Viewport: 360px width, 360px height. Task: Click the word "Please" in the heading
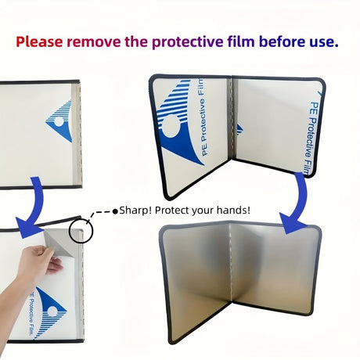pyautogui.click(x=39, y=41)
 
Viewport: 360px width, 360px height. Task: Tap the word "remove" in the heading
pyautogui.click(x=94, y=42)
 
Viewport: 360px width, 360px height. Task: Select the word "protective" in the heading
pyautogui.click(x=187, y=42)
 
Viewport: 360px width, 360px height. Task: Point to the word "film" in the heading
pyautogui.click(x=241, y=41)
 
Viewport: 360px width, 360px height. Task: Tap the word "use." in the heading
pyautogui.click(x=324, y=42)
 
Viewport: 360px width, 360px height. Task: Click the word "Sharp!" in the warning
pyautogui.click(x=135, y=211)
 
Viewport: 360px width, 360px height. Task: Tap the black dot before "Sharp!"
pyautogui.click(x=115, y=211)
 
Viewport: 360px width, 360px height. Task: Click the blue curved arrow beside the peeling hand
pyautogui.click(x=31, y=209)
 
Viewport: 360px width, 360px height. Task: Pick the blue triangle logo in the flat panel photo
pyautogui.click(x=59, y=121)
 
